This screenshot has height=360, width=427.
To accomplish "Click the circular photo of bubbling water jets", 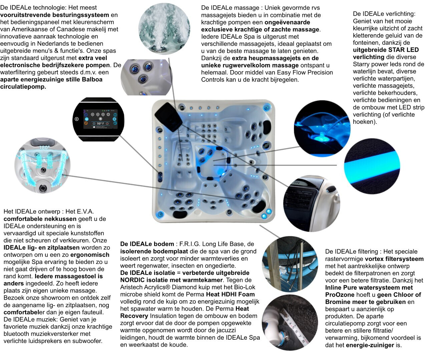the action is pyautogui.click(x=164, y=29).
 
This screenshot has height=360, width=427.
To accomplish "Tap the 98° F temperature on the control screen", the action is pyautogui.click(x=100, y=123).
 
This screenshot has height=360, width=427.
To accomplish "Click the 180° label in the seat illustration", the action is pyautogui.click(x=44, y=147).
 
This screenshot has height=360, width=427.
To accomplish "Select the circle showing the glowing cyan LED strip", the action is pyautogui.click(x=372, y=166).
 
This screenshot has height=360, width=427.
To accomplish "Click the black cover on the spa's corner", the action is pyautogui.click(x=168, y=117).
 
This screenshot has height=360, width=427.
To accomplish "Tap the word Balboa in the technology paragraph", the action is pyautogui.click(x=92, y=79).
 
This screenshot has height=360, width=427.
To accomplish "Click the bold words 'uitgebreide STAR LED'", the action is pyautogui.click(x=386, y=50).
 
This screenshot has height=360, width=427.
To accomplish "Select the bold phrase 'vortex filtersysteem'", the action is pyautogui.click(x=394, y=259).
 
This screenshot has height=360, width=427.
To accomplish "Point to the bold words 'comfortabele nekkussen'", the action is pyautogui.click(x=40, y=219).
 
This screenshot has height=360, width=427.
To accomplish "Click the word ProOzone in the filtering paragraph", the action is pyautogui.click(x=340, y=295).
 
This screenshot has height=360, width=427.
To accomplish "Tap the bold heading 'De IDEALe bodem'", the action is pyautogui.click(x=147, y=244).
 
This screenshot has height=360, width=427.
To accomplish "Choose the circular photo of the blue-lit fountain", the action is pyautogui.click(x=322, y=128).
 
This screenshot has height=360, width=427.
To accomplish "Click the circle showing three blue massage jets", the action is pyautogui.click(x=146, y=77).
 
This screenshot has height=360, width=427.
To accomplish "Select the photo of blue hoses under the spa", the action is pyautogui.click(x=290, y=264).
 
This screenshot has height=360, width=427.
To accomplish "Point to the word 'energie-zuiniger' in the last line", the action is pyautogui.click(x=370, y=345).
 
